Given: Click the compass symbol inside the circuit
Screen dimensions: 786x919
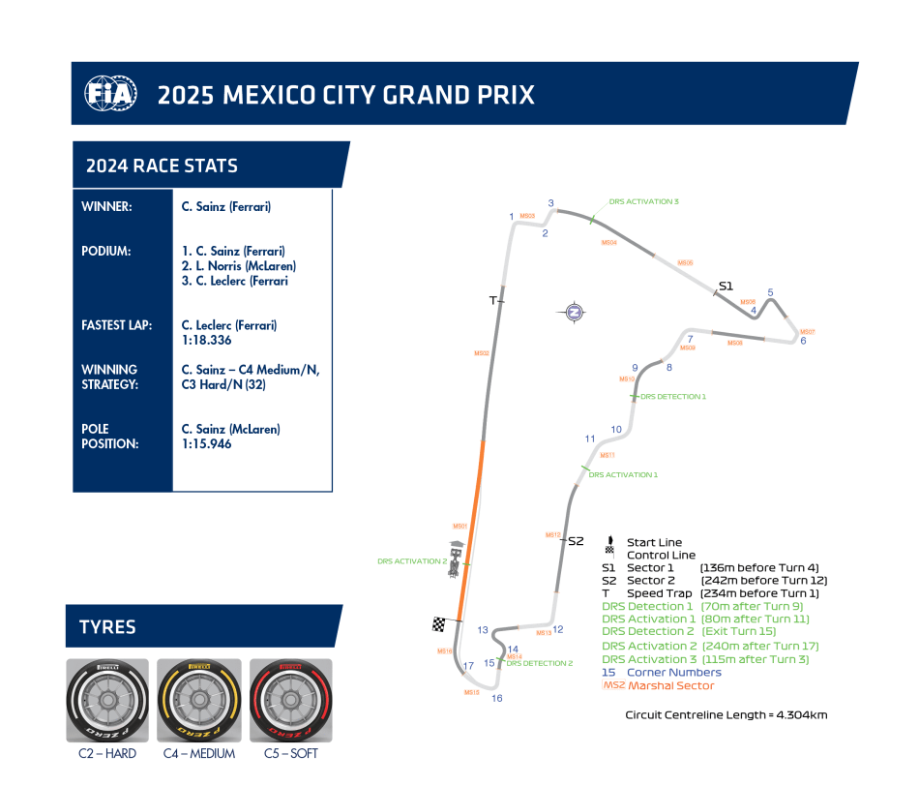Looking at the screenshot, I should point(574,312).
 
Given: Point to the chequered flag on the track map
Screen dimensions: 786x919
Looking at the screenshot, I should point(440,624).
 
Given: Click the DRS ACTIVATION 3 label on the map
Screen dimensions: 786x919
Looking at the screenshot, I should point(644,201).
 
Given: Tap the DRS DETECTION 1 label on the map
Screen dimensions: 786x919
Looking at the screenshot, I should point(673,397).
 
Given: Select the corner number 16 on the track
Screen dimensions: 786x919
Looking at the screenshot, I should point(497,698).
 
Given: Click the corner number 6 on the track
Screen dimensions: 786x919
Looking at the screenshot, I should point(803,340).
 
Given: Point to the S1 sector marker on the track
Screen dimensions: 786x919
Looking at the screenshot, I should point(726,286).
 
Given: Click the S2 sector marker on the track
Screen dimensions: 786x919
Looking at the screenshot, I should point(576,541).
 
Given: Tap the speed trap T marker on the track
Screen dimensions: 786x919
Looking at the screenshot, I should point(493,300).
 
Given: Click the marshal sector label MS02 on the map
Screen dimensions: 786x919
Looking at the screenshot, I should point(481,353).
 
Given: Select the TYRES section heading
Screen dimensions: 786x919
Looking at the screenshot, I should point(108,627).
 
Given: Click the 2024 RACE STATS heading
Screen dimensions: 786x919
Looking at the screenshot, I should point(162,166).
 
